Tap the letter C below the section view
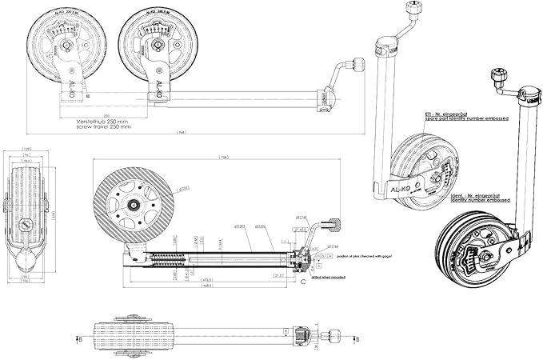(x=301, y=282)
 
